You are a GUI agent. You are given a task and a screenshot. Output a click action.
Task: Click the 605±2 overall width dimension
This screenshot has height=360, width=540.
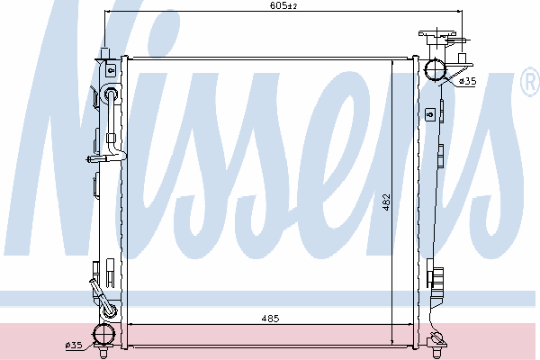[x=283, y=5]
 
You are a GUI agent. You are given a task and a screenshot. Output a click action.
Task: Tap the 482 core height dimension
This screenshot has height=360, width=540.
[x=386, y=202]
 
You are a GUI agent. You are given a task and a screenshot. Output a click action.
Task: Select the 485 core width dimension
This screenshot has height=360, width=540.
[x=270, y=319]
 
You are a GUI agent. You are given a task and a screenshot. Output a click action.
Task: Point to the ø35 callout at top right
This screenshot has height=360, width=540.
[x=468, y=81]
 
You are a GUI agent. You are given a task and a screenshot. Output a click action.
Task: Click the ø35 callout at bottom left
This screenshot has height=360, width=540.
[x=74, y=345]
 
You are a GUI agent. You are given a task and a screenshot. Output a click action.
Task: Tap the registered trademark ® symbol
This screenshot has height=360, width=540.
[x=530, y=82]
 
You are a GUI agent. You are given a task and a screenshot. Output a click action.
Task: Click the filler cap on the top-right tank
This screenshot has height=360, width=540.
[x=437, y=34]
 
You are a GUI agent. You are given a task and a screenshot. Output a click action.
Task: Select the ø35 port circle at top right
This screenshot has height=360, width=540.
[x=435, y=70]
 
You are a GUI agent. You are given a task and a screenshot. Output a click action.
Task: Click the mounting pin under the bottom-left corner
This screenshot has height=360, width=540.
[x=103, y=353]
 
